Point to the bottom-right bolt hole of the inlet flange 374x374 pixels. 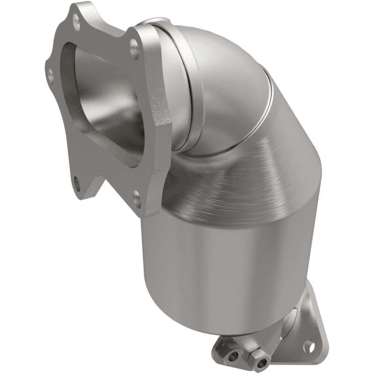[136, 199]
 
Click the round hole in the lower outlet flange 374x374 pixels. [307, 346]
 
